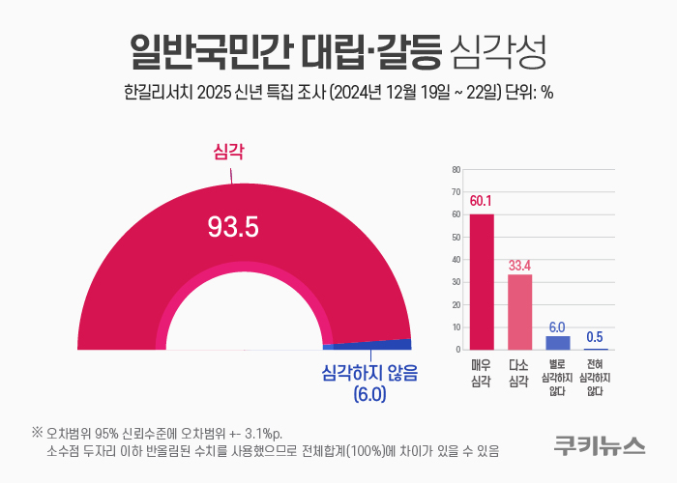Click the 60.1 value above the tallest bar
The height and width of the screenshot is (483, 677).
tap(482, 201)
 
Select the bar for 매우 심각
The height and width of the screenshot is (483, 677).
tap(482, 281)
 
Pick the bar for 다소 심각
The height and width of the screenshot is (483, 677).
tap(520, 311)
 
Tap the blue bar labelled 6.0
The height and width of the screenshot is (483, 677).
tap(558, 342)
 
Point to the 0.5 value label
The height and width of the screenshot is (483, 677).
tap(596, 336)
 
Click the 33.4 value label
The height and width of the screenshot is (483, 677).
tap(520, 264)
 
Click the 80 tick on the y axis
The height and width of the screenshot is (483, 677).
tap(456, 170)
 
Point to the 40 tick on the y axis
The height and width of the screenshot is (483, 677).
tap(456, 260)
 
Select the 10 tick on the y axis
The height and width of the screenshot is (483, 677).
tap(456, 327)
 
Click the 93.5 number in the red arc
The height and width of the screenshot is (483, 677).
tap(233, 227)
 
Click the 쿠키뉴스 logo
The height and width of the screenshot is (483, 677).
tap(600, 445)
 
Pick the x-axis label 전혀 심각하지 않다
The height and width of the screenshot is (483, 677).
tap(596, 376)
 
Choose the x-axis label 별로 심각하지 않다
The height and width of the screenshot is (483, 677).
tap(558, 376)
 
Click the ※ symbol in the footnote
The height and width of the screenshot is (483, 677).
tap(38, 431)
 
